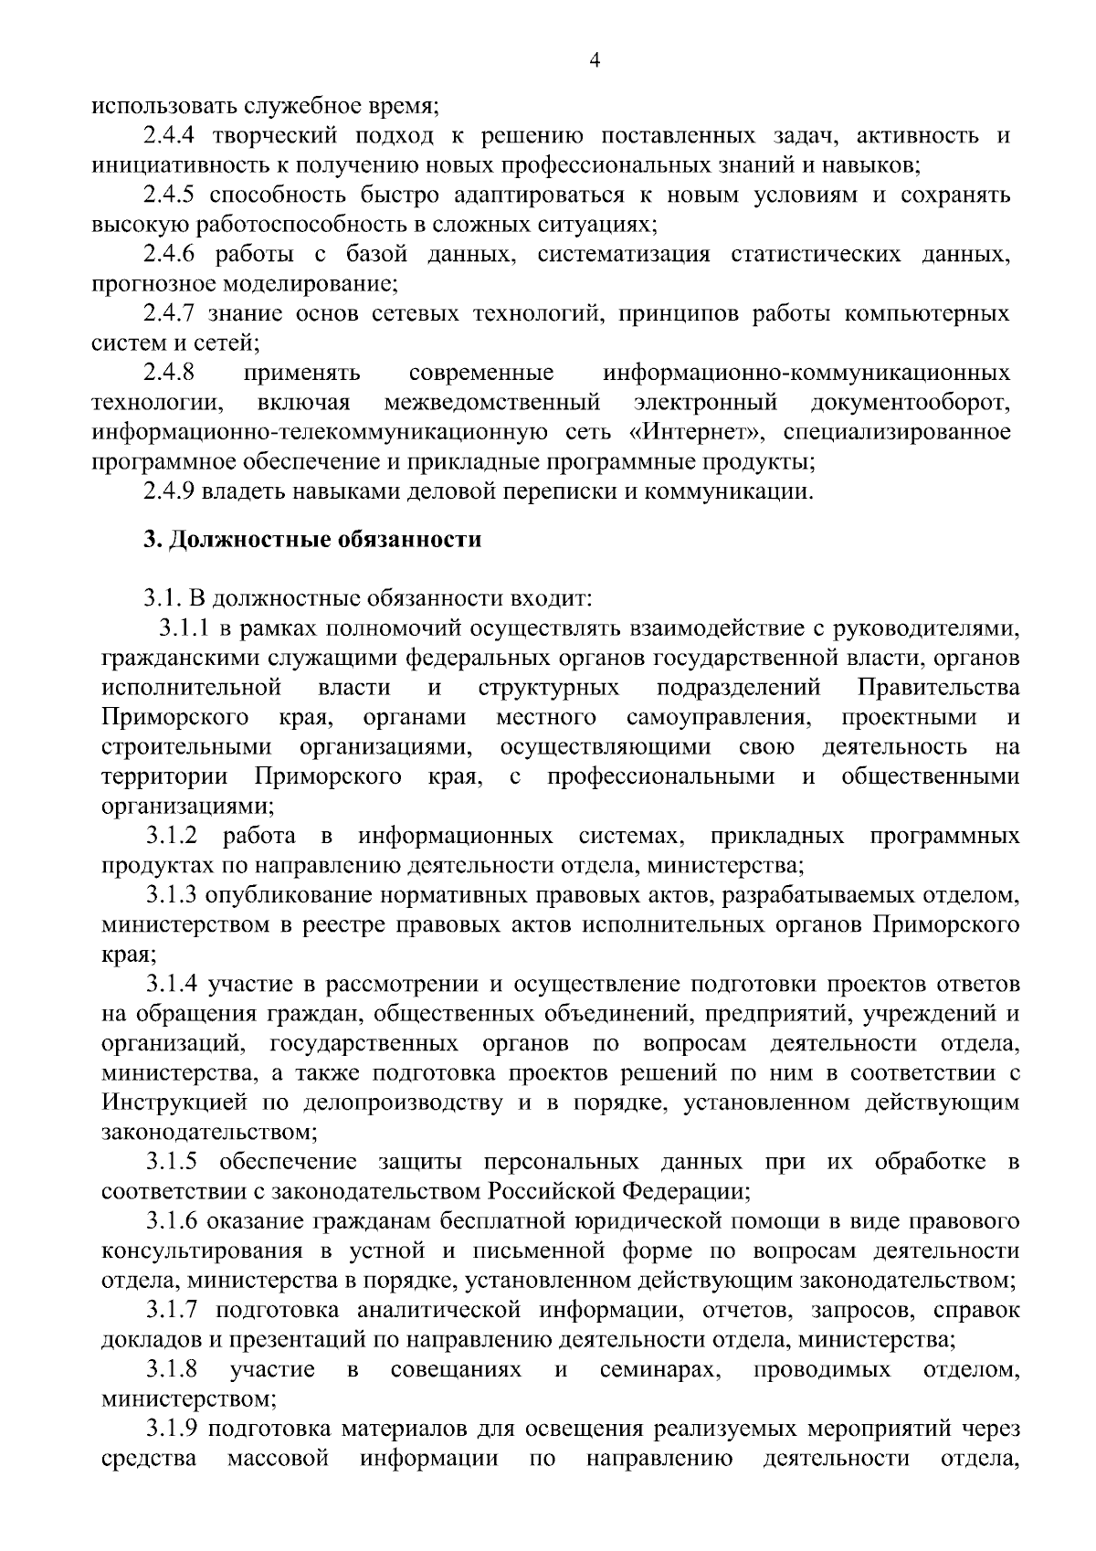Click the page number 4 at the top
tap(595, 61)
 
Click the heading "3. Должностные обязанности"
tap(311, 539)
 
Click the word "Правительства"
tap(939, 687)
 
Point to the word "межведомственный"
tap(492, 402)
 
